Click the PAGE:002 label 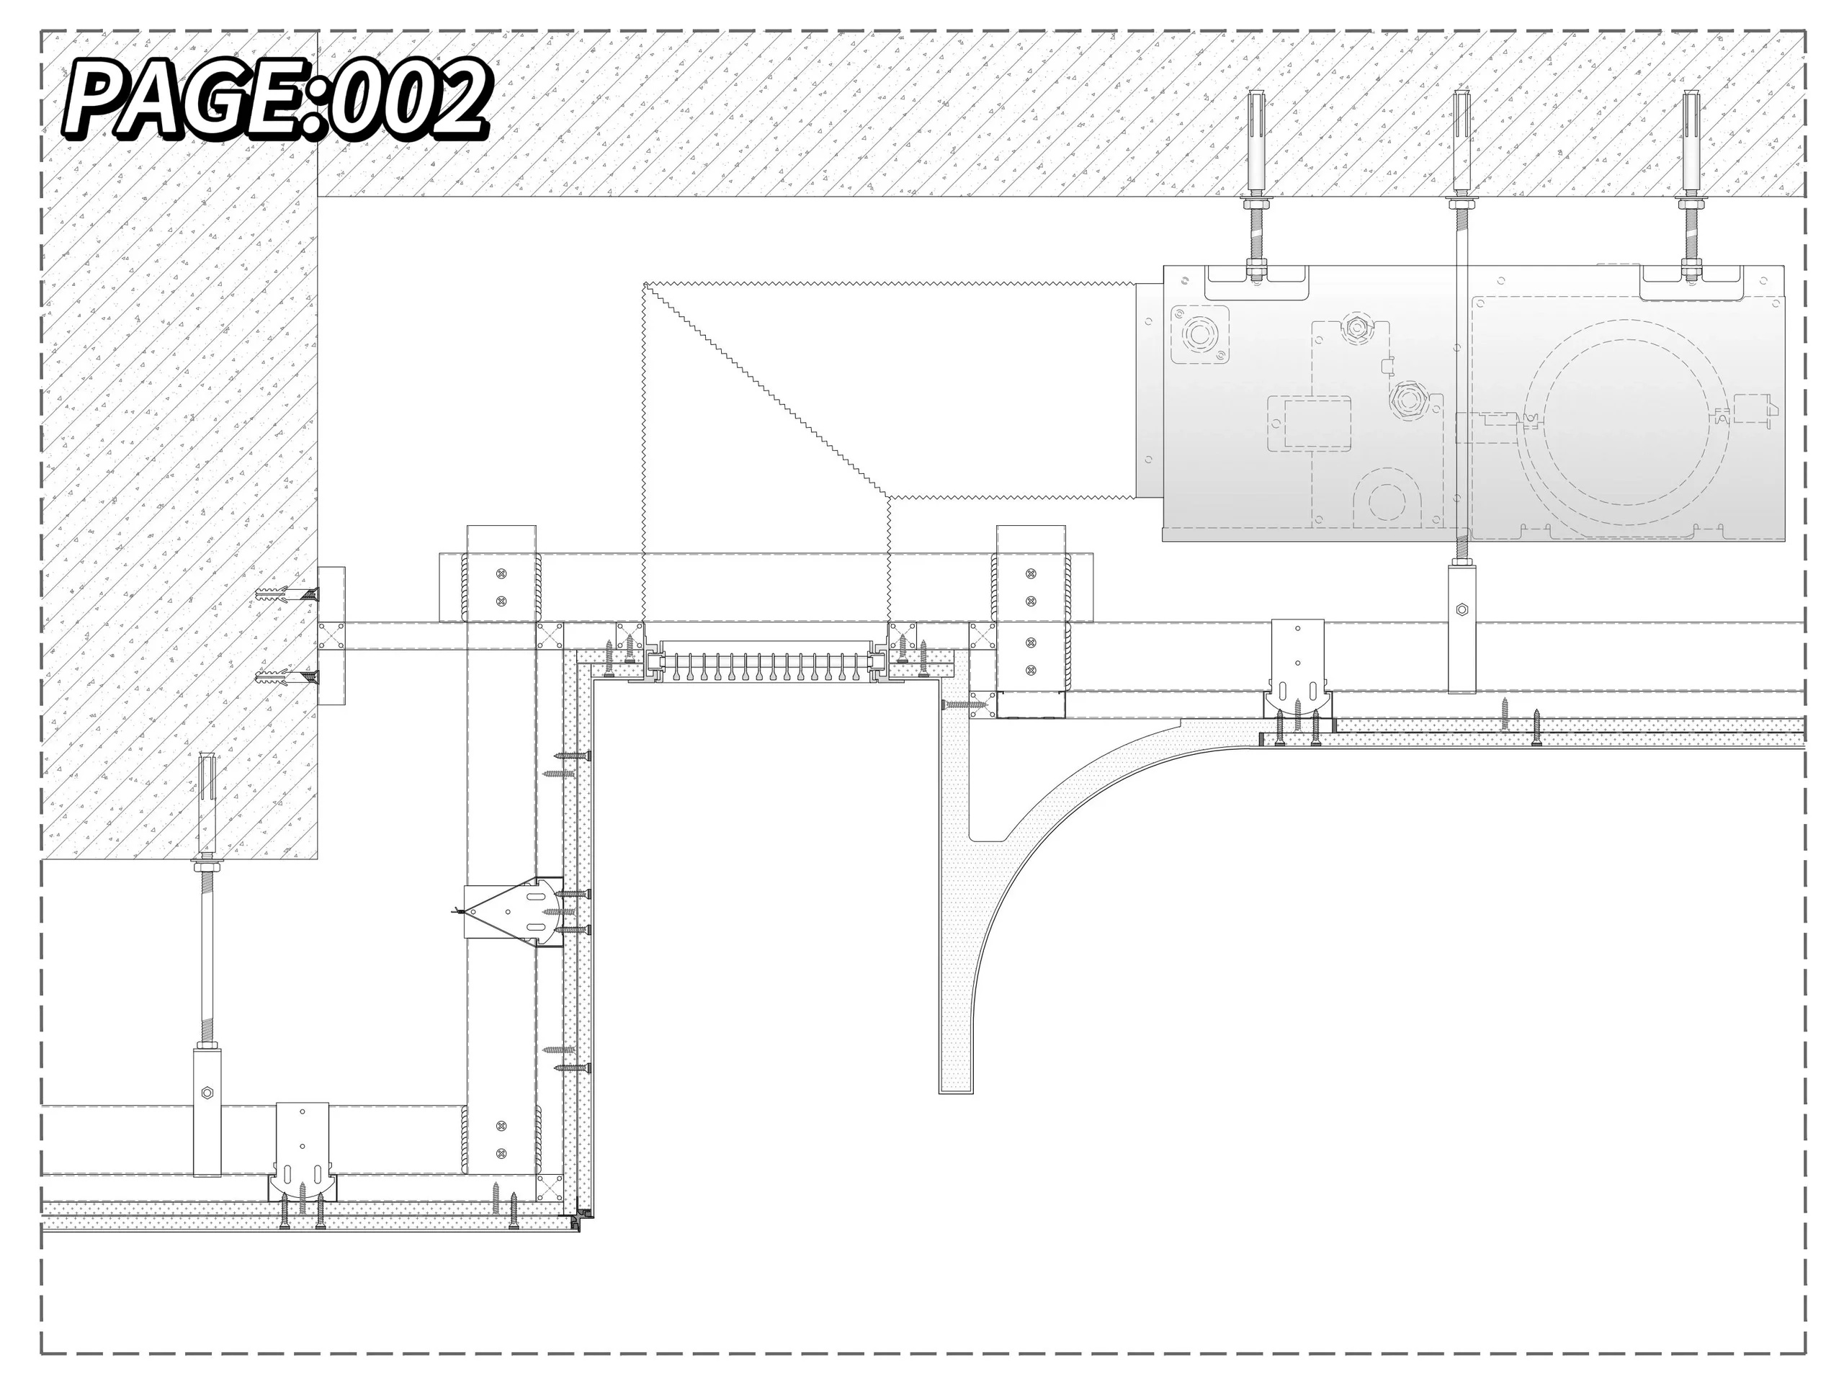click(276, 100)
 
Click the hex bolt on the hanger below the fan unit click(1462, 609)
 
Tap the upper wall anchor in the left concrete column click(287, 595)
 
